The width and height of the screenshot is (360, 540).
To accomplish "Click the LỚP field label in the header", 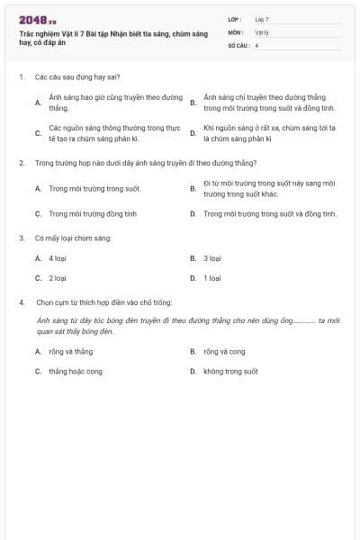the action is pos(235,19).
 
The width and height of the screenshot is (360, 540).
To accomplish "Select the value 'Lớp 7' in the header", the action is pos(262,19).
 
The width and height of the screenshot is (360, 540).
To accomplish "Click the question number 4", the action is pos(21,302).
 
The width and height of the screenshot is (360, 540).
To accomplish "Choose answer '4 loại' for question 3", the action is pos(58,258).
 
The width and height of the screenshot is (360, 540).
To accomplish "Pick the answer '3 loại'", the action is pos(212,258).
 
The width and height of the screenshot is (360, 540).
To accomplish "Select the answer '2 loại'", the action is pos(58,278).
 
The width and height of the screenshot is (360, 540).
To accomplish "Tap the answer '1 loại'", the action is pos(212,278).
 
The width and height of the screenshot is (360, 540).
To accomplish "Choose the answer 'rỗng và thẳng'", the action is pos(71,351).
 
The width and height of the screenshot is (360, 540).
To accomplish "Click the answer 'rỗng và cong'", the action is pos(224,351).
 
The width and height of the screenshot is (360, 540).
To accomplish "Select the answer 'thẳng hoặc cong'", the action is pos(76,371).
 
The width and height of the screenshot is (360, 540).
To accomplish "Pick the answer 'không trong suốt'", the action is pos(230,371).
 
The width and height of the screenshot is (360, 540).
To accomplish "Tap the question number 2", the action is pos(21,163).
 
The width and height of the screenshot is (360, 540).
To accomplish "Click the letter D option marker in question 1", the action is pos(193,133).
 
